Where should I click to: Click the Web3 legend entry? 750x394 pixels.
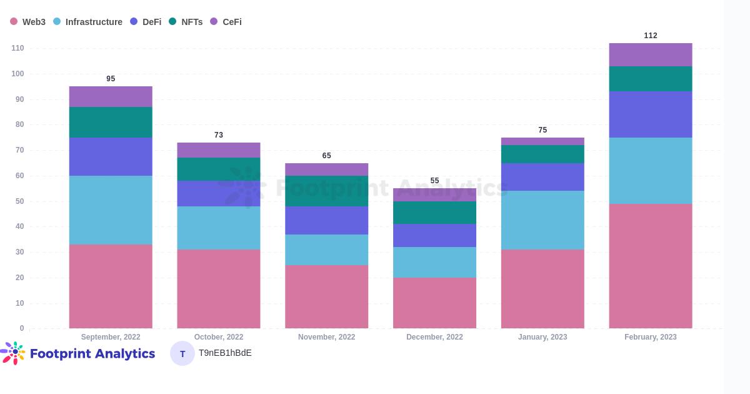tap(28, 22)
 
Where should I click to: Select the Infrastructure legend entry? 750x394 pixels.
tap(88, 22)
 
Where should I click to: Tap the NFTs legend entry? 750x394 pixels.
tap(186, 22)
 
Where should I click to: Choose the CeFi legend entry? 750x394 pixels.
tap(226, 22)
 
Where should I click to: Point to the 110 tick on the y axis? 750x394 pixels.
tap(17, 48)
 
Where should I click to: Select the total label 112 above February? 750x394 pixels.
tap(651, 36)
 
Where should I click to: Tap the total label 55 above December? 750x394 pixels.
tap(434, 181)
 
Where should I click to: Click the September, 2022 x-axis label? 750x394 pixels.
tap(111, 337)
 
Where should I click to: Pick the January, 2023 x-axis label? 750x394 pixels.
tap(542, 337)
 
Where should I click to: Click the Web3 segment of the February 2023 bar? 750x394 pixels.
tap(651, 266)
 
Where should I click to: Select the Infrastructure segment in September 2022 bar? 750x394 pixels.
tap(111, 210)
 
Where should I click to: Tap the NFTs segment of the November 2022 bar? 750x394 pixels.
tap(326, 191)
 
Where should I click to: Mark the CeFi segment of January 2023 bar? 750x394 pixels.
tap(542, 141)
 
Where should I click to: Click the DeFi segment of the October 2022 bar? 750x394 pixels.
tap(219, 194)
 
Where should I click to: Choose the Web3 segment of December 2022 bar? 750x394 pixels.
tap(434, 303)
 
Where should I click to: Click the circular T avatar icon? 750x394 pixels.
tap(182, 353)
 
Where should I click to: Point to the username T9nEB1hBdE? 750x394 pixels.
tap(225, 353)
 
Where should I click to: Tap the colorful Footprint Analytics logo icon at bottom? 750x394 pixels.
tap(14, 353)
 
